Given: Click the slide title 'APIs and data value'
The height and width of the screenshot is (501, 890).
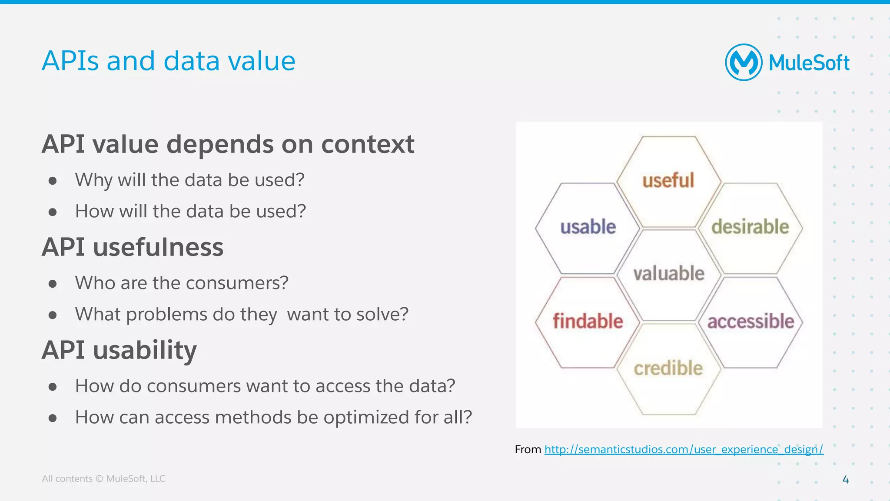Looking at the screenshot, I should pyautogui.click(x=169, y=61).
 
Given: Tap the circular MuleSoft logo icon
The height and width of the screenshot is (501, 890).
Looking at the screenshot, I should pyautogui.click(x=744, y=63).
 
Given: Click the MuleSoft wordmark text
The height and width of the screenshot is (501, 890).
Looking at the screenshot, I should pyautogui.click(x=809, y=63).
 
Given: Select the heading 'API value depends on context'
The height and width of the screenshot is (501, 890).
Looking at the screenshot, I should pyautogui.click(x=228, y=144).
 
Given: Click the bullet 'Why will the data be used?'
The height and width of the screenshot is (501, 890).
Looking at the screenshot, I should pyautogui.click(x=189, y=180).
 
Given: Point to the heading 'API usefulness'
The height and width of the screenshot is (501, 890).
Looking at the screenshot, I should pyautogui.click(x=133, y=247).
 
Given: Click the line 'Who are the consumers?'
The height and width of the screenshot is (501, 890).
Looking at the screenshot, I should pyautogui.click(x=182, y=283).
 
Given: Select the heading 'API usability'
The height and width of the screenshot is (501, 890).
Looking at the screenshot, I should pyautogui.click(x=119, y=350).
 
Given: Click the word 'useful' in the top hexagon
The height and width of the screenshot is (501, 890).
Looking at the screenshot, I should pyautogui.click(x=668, y=180).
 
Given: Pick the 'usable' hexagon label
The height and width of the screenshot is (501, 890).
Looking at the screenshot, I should pyautogui.click(x=588, y=227).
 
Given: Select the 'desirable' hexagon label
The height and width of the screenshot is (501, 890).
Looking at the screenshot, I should pyautogui.click(x=750, y=227).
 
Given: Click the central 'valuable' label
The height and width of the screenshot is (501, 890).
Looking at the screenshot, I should pyautogui.click(x=669, y=274).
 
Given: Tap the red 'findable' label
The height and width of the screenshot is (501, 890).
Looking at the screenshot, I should pyautogui.click(x=588, y=322).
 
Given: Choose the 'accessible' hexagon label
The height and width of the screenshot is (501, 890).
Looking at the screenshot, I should pyautogui.click(x=751, y=322).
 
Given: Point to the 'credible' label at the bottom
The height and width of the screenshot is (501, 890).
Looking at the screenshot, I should pyautogui.click(x=668, y=368).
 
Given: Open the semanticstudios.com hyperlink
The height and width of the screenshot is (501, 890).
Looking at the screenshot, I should pyautogui.click(x=684, y=449).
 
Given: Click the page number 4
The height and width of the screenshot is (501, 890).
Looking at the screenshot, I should pyautogui.click(x=845, y=480).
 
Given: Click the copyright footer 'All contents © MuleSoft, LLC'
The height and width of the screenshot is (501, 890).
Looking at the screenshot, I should pyautogui.click(x=103, y=479).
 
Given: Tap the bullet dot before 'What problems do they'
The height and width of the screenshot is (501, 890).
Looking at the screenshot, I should pyautogui.click(x=53, y=315).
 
